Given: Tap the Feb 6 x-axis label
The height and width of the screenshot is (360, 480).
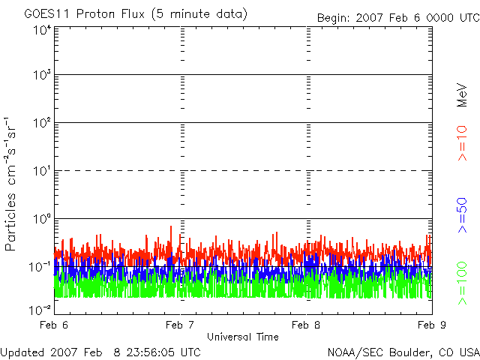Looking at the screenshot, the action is click(54, 325).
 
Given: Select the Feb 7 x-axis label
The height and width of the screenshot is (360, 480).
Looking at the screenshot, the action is click(180, 325).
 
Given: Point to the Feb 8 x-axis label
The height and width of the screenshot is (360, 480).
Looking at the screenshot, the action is click(306, 325).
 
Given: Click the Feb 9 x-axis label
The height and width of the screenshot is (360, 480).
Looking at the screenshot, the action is click(432, 325).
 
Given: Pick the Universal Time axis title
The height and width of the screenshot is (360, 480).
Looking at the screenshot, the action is click(243, 337).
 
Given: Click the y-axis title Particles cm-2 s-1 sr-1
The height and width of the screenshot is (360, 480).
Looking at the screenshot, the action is click(10, 184).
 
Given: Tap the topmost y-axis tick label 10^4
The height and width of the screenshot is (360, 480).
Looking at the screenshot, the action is click(42, 31).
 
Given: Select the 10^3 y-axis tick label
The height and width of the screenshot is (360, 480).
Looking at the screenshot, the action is click(42, 75).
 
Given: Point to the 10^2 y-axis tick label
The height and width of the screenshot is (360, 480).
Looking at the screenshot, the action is click(42, 123).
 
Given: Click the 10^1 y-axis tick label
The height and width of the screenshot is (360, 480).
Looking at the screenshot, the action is click(42, 171).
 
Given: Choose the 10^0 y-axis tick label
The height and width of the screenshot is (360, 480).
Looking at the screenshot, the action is click(42, 219).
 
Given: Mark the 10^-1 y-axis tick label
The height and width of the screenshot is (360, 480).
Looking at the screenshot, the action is click(40, 267).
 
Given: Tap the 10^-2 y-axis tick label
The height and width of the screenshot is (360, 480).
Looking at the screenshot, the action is click(40, 310).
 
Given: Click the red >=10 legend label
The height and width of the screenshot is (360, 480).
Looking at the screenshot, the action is click(462, 143).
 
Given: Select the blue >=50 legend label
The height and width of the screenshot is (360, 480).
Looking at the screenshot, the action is click(462, 215).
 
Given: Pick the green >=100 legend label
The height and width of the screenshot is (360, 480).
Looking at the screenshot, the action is click(462, 283).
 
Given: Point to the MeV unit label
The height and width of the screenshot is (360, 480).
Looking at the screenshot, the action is click(462, 95).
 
